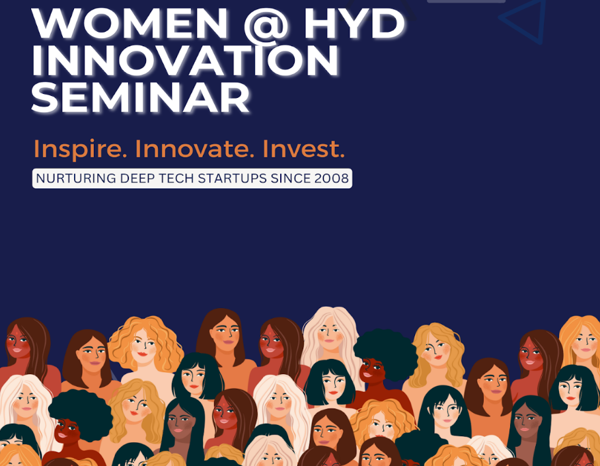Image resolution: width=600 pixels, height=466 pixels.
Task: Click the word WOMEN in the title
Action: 130,22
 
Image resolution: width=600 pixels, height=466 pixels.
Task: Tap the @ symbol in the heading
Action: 266,24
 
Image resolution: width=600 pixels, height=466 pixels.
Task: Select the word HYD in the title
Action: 354,22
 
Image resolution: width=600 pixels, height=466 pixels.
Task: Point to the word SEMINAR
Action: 141,97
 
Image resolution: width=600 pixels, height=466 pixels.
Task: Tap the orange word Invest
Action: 304,149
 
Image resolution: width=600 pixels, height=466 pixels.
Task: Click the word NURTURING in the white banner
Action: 76,178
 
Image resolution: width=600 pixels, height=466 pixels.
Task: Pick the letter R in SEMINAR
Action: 235,97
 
